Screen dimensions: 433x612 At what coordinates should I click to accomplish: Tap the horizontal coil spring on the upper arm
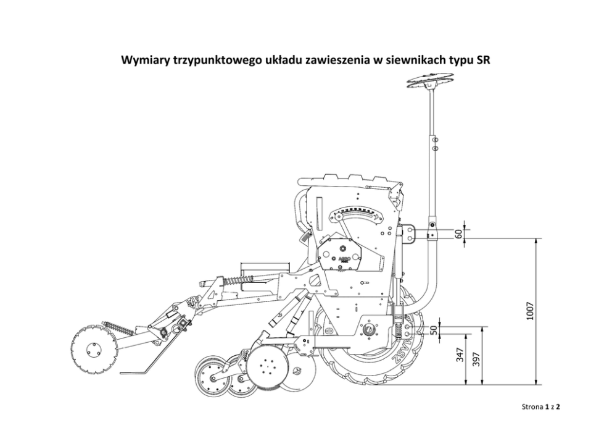tap(236, 280)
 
